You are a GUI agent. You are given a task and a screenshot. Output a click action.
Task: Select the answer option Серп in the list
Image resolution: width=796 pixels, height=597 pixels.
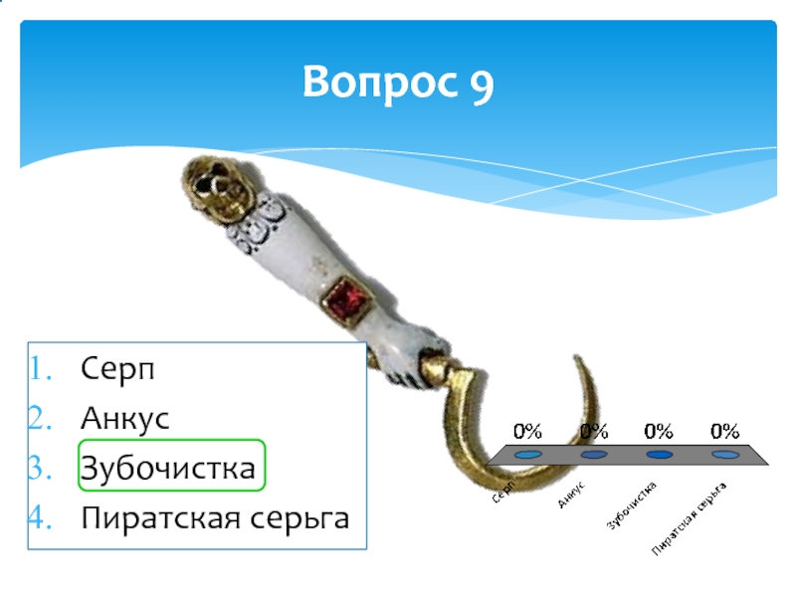pos(118,370)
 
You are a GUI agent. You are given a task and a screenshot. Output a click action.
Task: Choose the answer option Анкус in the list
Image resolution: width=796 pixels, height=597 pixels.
pos(125,419)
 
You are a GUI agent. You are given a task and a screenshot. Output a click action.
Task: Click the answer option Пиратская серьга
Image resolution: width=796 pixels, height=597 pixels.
pos(215,518)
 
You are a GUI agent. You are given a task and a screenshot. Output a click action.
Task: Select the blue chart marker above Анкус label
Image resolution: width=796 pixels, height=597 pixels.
pos(594,455)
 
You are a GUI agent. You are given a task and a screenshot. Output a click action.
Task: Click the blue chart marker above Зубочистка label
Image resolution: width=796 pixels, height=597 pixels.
pos(659,455)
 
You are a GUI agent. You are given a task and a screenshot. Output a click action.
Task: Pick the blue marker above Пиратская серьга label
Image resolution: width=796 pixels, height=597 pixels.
pos(725,455)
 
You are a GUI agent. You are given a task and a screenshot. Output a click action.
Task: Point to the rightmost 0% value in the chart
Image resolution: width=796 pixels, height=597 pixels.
pos(724,431)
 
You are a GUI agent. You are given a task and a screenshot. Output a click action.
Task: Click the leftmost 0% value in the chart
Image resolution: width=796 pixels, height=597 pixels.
pos(527,431)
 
